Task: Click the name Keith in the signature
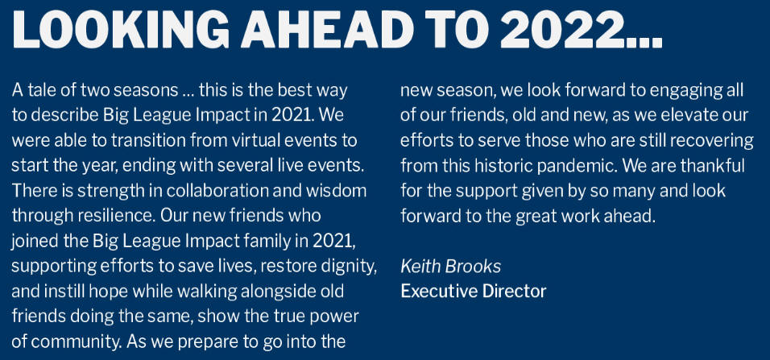tap(421, 267)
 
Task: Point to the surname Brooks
tap(474, 267)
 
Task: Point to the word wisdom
tap(336, 191)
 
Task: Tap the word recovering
tap(713, 140)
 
